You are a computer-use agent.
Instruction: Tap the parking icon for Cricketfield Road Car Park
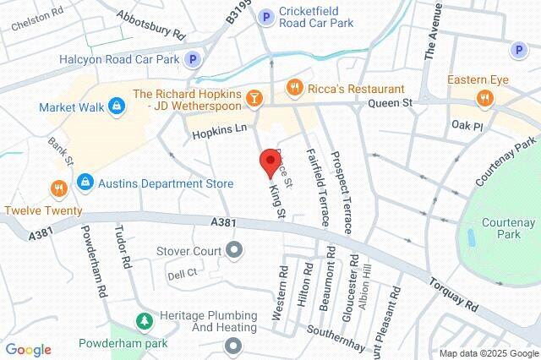(266, 15)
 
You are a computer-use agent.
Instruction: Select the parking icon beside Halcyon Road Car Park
(194, 59)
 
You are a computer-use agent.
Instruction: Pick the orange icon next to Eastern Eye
(484, 99)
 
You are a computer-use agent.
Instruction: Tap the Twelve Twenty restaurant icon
(58, 187)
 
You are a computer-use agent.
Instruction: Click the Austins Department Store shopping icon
(85, 182)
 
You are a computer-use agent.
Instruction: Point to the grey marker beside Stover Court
(235, 251)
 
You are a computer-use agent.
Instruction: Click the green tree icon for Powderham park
(144, 322)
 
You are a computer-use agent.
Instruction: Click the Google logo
(28, 350)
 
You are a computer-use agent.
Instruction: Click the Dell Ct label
(182, 272)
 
